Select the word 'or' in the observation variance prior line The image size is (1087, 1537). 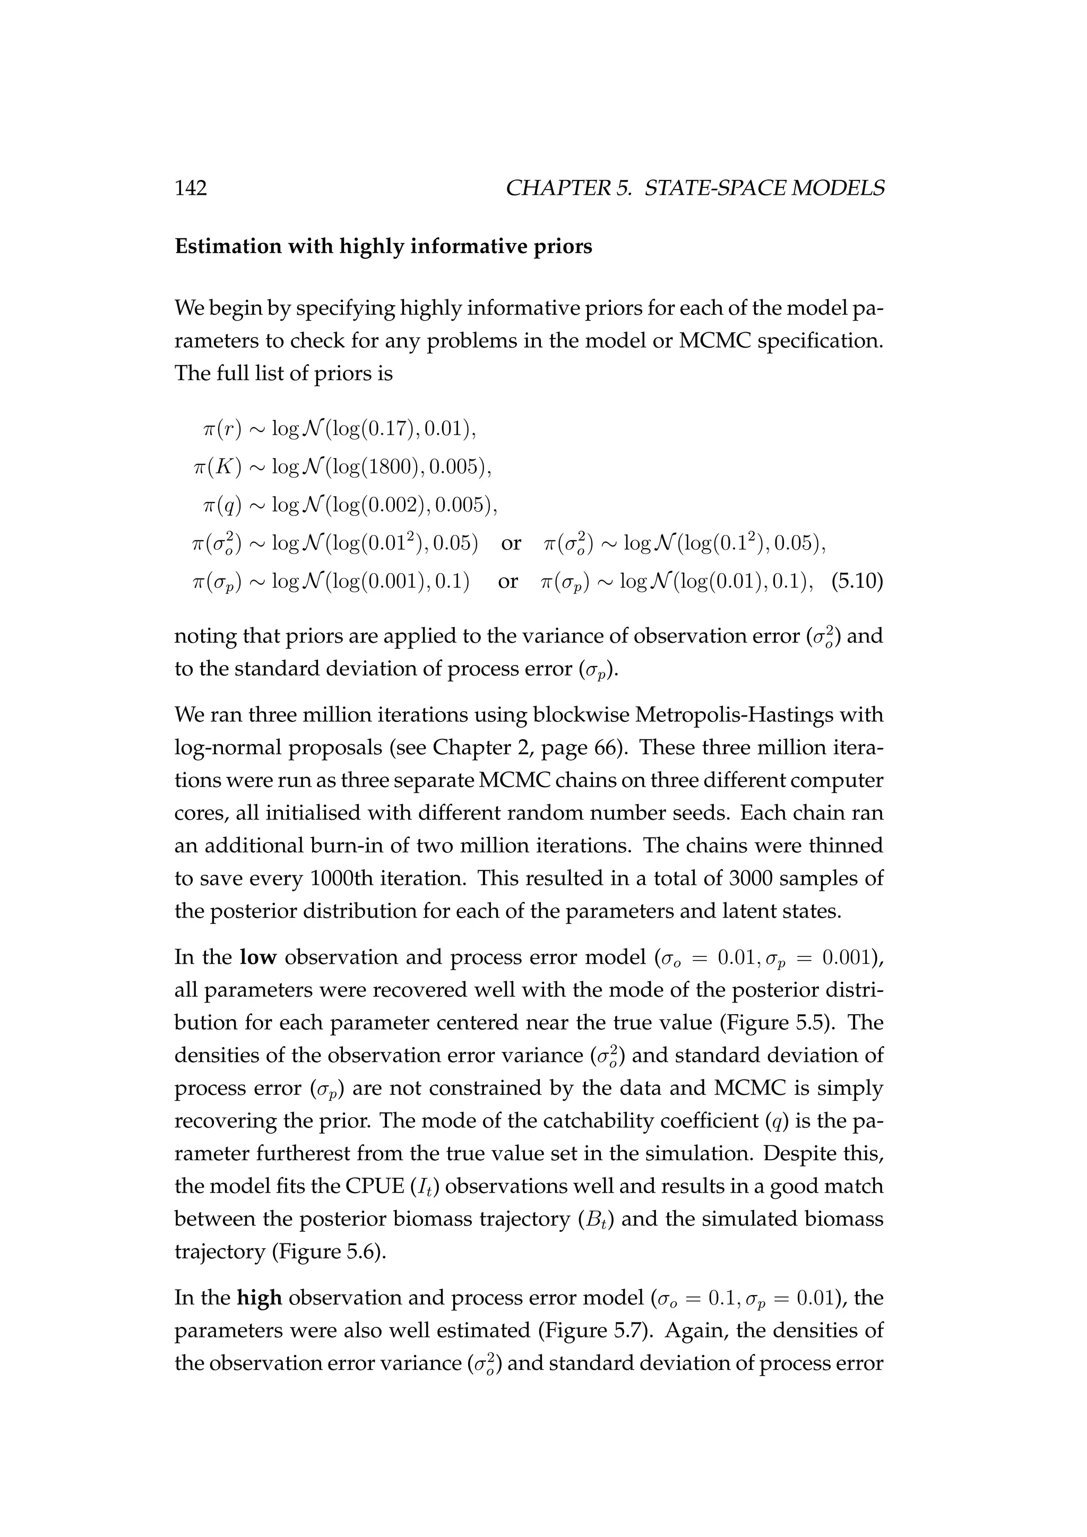(x=511, y=543)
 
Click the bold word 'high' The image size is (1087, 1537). (x=259, y=1298)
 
